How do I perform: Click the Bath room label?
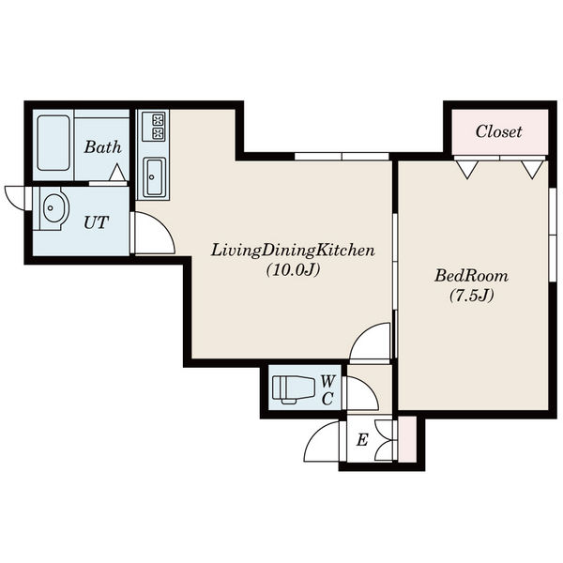(x=102, y=147)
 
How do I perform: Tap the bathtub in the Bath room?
(x=53, y=143)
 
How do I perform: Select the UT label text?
(x=96, y=222)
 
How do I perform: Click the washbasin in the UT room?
(x=53, y=208)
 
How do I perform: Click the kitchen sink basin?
(x=154, y=177)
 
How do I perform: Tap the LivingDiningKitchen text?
(x=293, y=251)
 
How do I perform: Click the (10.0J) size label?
(x=293, y=270)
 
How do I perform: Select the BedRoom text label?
(x=471, y=276)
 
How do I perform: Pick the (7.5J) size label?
(x=471, y=296)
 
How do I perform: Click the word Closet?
(x=498, y=131)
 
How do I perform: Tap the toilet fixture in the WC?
(x=293, y=389)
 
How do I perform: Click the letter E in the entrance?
(x=362, y=439)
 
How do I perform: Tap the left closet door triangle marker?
(x=466, y=170)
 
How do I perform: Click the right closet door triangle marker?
(x=532, y=170)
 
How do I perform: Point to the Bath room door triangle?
(x=117, y=172)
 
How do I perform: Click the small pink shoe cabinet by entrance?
(x=407, y=439)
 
